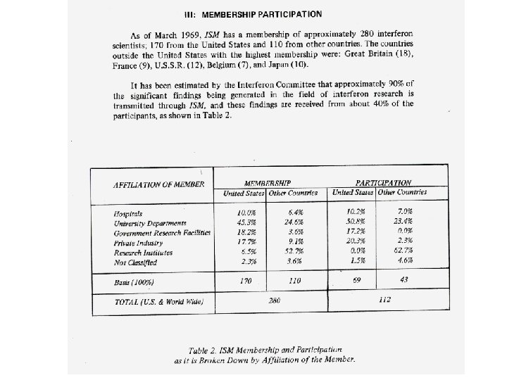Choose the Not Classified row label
tap(137, 262)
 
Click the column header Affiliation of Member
tap(158, 185)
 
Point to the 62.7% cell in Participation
tap(404, 251)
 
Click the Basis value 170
tap(246, 282)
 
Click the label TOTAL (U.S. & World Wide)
tap(159, 302)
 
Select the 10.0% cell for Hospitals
tap(246, 211)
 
